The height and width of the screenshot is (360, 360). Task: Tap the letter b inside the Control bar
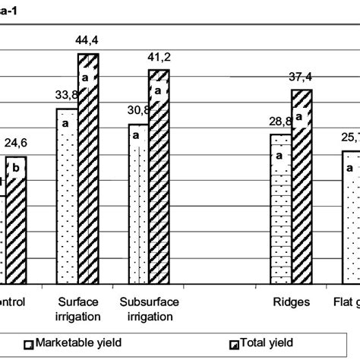point(17,169)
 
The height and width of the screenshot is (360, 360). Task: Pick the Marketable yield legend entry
point(71,343)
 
